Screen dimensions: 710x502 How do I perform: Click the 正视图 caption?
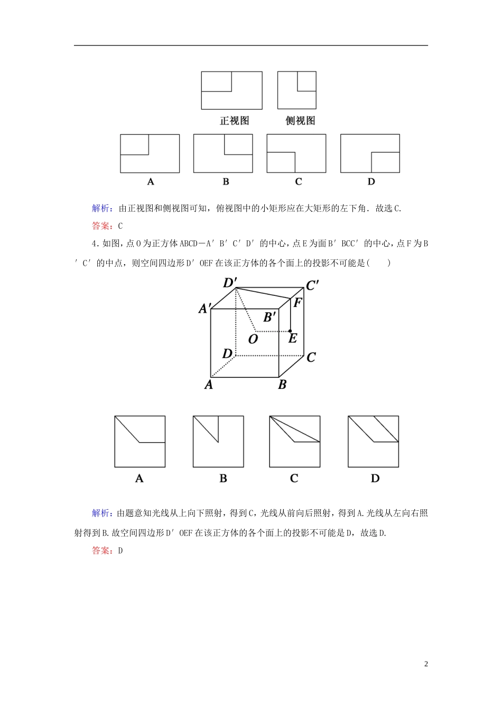(x=234, y=120)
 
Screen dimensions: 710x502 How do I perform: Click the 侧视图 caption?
(x=300, y=120)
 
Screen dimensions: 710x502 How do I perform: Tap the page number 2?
(x=426, y=664)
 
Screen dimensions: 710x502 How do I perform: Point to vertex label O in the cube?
(x=253, y=339)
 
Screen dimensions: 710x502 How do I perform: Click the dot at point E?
(x=290, y=331)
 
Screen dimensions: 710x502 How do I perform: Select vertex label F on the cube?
(x=298, y=303)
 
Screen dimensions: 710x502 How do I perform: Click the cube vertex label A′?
(x=205, y=309)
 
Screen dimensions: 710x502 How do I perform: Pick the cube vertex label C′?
(x=312, y=286)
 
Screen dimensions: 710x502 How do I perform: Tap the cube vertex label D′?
(x=229, y=283)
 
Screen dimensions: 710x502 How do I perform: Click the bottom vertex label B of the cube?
(x=282, y=385)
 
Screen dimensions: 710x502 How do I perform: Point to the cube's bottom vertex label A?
(x=209, y=385)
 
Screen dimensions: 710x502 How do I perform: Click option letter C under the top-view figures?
(x=299, y=182)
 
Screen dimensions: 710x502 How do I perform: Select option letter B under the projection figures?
(x=223, y=479)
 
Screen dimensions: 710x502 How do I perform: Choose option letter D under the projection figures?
(x=375, y=479)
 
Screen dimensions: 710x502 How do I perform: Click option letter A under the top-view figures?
(x=151, y=182)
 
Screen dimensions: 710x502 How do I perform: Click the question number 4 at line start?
(x=94, y=244)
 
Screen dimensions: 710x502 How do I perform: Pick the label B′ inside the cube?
(x=269, y=317)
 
